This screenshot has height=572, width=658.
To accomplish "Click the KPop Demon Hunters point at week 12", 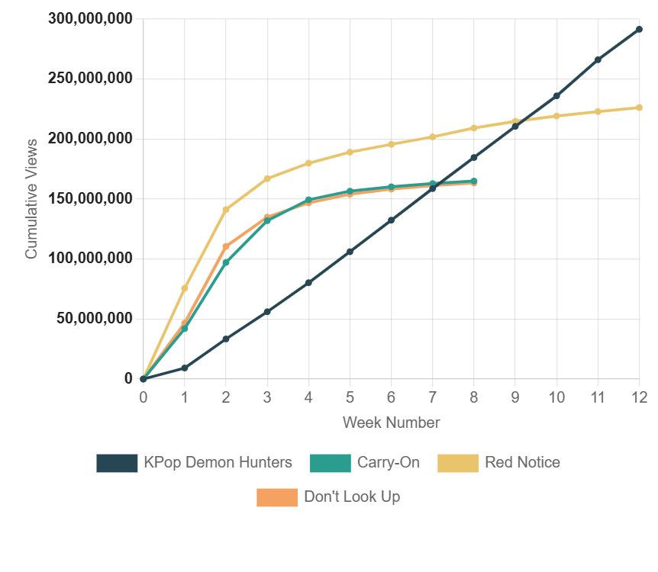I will [x=639, y=30].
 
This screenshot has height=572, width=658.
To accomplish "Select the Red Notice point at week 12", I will [x=639, y=108].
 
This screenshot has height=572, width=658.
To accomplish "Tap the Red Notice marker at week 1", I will [x=185, y=288].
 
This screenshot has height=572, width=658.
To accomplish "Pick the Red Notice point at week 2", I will [x=226, y=210].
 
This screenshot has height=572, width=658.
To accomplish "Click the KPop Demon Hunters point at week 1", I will [x=185, y=368].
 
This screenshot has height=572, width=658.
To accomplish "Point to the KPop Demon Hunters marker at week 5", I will [x=350, y=252].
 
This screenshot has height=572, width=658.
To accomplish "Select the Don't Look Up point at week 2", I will [x=226, y=247].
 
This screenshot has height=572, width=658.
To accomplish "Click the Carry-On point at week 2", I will [x=226, y=262].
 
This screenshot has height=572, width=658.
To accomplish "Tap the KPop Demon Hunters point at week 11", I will [x=598, y=59].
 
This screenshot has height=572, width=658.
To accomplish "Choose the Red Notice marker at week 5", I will [x=350, y=152].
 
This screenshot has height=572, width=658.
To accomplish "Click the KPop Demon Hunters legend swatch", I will [x=117, y=463].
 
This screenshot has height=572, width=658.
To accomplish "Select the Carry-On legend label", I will [x=388, y=462].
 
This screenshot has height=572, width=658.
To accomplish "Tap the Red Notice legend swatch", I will [x=459, y=463].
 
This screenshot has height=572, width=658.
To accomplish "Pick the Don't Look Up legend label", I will [x=352, y=497].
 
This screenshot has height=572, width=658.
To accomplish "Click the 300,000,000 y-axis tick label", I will [x=90, y=18].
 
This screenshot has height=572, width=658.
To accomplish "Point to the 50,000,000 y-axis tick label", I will [x=95, y=318].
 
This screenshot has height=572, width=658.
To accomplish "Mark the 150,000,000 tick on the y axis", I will [x=90, y=198].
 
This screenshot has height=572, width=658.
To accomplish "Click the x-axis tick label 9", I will [x=515, y=397].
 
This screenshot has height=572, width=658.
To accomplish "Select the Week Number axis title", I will [x=391, y=423].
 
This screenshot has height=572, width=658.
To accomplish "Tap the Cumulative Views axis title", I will [x=31, y=198].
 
